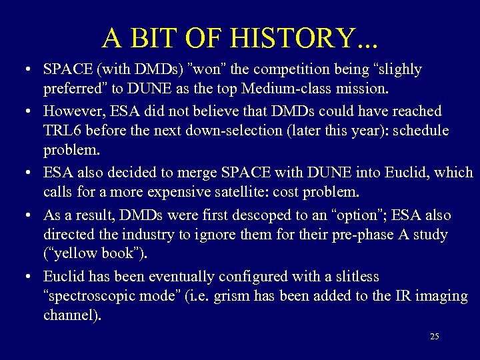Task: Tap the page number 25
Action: pos(434,337)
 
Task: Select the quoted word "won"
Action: pos(207,69)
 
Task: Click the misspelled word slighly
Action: pos(397,69)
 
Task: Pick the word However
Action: pos(71,110)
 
